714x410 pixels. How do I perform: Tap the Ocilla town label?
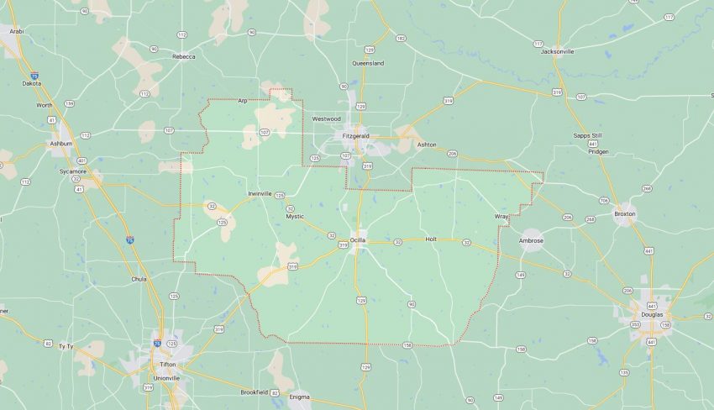pyautogui.click(x=358, y=240)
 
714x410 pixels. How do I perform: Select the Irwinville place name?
pyautogui.click(x=260, y=193)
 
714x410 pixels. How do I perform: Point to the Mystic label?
pyautogui.click(x=295, y=216)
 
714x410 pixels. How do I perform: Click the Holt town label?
pyautogui.click(x=432, y=239)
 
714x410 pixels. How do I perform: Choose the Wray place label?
pyautogui.click(x=501, y=217)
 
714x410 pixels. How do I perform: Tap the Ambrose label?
pyautogui.click(x=531, y=241)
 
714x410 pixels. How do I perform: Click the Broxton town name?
pyautogui.click(x=625, y=213)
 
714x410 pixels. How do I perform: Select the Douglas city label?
pyautogui.click(x=651, y=314)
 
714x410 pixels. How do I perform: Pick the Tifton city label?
pyautogui.click(x=167, y=364)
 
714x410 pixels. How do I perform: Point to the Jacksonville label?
pyautogui.click(x=558, y=51)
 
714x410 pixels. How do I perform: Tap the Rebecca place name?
pyautogui.click(x=183, y=56)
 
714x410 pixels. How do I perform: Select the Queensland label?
pyautogui.click(x=368, y=63)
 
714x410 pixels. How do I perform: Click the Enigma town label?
pyautogui.click(x=299, y=397)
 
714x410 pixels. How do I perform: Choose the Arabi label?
pyautogui.click(x=16, y=30)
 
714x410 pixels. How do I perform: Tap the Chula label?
pyautogui.click(x=139, y=278)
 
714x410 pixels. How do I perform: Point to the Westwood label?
pyautogui.click(x=326, y=118)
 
